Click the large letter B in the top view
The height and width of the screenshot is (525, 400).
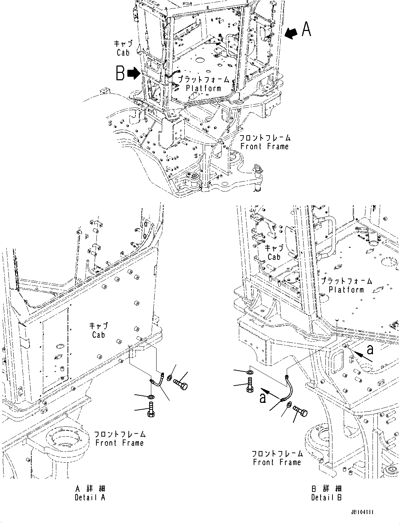click(120, 74)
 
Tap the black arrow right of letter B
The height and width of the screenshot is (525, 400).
click(134, 74)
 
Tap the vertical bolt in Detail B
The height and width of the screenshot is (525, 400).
click(249, 385)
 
